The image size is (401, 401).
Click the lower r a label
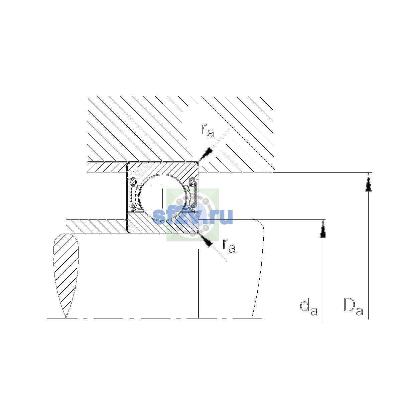pos(229,246)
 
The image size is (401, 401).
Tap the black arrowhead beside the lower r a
pos(206,240)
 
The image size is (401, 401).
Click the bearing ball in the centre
pos(163,196)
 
